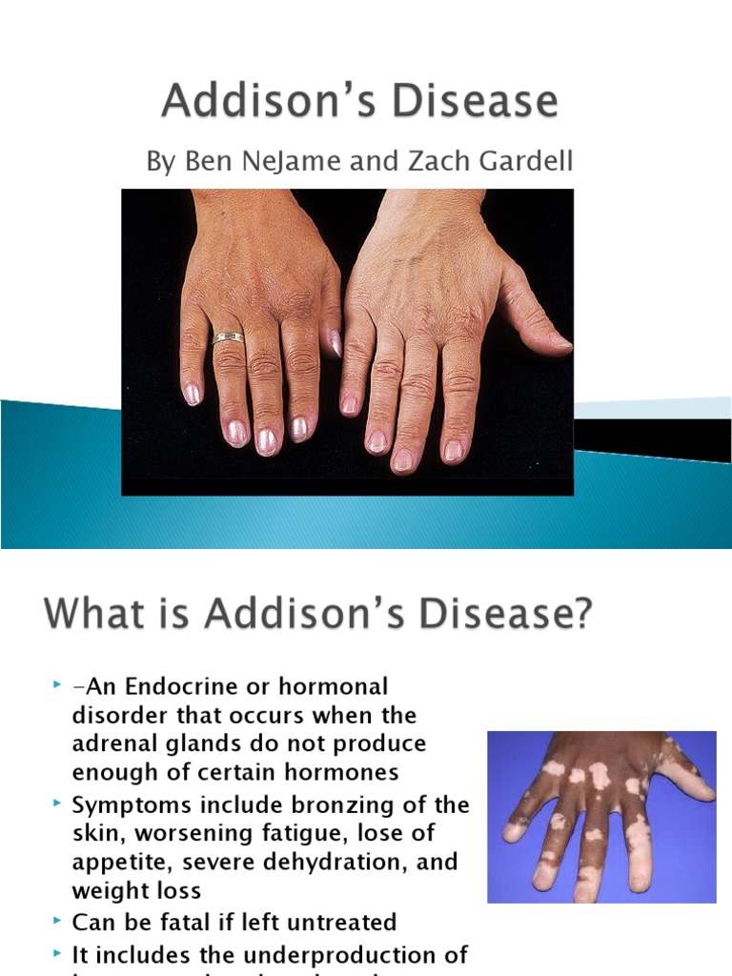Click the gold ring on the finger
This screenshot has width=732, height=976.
[x=228, y=337]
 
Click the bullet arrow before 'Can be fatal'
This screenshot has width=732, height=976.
[x=58, y=922]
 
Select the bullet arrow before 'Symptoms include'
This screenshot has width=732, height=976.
[x=58, y=803]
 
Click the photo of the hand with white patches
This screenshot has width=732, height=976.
[x=600, y=817]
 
